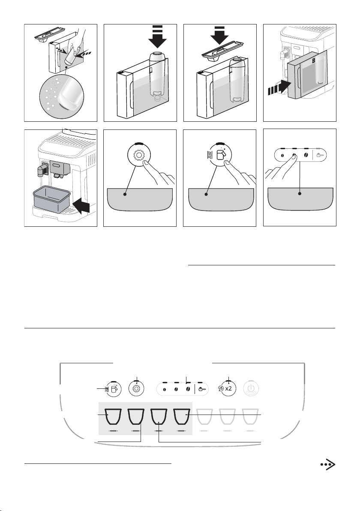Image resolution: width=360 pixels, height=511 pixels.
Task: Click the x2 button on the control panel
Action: [x=228, y=388]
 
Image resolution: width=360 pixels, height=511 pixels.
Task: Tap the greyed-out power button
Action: [x=251, y=388]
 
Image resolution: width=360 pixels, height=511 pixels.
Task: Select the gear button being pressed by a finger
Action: [x=139, y=155]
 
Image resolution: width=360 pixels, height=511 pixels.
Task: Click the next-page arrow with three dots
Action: [x=328, y=465]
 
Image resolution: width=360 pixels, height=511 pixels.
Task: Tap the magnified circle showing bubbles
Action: [x=62, y=96]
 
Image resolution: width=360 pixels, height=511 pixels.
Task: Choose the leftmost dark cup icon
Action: [x=113, y=417]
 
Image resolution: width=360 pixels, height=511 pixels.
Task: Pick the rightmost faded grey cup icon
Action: [x=251, y=417]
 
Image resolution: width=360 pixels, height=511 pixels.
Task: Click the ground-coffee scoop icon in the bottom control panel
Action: [x=202, y=389]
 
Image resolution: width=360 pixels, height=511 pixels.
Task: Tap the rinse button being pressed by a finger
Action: [x=221, y=155]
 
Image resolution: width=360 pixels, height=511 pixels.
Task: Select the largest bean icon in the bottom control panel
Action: [x=188, y=389]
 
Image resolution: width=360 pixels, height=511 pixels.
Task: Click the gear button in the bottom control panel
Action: [x=137, y=388]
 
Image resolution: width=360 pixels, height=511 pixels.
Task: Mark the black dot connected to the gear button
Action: [x=125, y=194]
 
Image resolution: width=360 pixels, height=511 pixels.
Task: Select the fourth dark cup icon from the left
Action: [x=182, y=417]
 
